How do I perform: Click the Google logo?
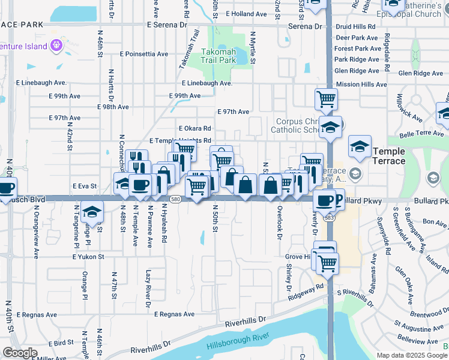click(x=20, y=353)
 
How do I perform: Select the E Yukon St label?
click(x=88, y=257)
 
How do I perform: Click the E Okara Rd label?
click(x=195, y=128)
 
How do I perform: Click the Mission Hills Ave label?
click(x=361, y=85)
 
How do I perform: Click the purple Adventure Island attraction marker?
click(x=57, y=44)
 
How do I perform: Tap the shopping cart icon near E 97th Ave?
click(x=326, y=98)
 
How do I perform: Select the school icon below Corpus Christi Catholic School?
click(x=330, y=126)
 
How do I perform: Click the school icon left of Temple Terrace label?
click(x=359, y=146)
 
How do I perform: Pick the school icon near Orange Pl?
click(x=92, y=211)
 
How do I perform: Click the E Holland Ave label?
click(x=247, y=14)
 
